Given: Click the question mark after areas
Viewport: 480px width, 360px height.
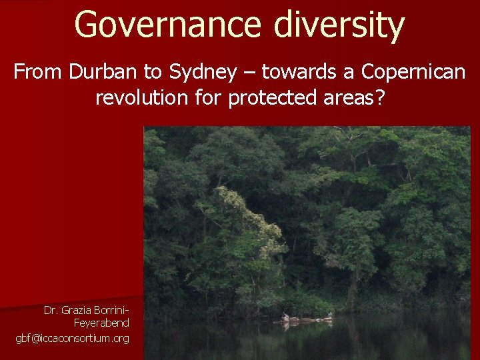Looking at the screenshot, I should pyautogui.click(x=380, y=98).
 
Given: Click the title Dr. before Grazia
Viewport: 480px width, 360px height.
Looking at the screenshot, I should pyautogui.click(x=51, y=310).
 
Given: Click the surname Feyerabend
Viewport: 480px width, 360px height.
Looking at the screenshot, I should pyautogui.click(x=101, y=323).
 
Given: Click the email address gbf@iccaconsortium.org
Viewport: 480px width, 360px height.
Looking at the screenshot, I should pyautogui.click(x=73, y=339).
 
